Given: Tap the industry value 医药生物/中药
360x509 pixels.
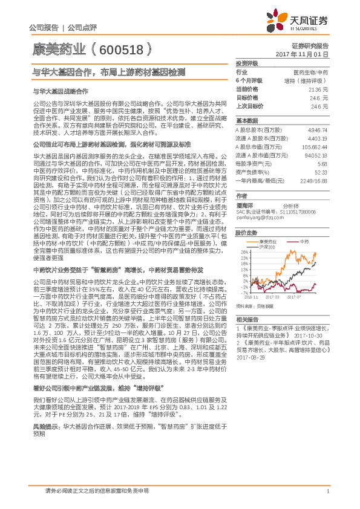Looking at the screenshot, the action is coord(310,72).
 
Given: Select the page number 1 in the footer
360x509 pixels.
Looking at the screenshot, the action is coord(327,491).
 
